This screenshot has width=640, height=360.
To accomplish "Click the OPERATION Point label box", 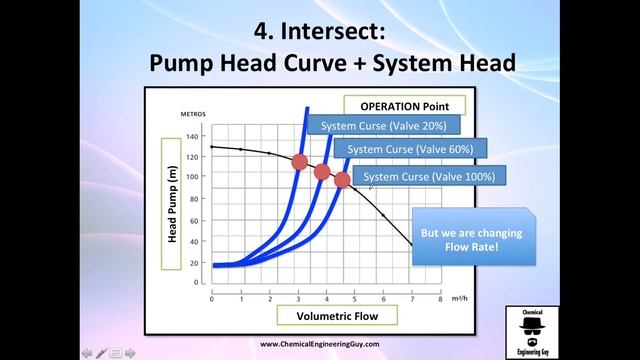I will (404, 105).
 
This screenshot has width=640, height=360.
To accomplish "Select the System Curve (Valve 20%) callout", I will (384, 126).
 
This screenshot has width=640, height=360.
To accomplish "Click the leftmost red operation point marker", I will (299, 161).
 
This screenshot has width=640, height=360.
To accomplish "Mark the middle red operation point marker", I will (322, 172).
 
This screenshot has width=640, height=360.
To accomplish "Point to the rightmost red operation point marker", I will (342, 180).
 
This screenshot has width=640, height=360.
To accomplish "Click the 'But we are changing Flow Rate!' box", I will (472, 240).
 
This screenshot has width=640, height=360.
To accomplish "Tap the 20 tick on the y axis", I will (193, 264).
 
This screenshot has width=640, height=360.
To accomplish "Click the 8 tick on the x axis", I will (440, 299).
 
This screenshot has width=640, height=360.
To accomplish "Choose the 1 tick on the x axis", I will (240, 299).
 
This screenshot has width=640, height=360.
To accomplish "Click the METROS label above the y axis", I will (192, 114).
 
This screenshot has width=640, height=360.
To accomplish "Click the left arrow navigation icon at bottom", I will (87, 352).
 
